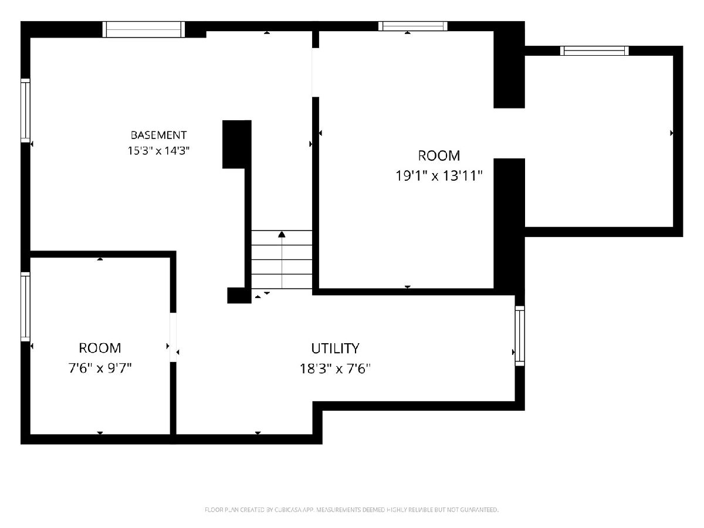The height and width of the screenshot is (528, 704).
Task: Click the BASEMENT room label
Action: (158, 135)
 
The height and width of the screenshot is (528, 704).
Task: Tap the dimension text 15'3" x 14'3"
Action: (158, 150)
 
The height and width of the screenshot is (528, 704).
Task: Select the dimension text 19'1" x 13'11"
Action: (439, 175)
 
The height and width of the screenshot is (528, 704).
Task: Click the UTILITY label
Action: (335, 348)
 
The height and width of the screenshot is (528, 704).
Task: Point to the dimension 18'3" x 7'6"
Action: (335, 368)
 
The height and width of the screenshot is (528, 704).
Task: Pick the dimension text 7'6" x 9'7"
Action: (100, 368)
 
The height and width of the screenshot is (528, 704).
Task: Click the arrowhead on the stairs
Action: (282, 234)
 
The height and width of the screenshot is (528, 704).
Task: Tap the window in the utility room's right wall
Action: (520, 336)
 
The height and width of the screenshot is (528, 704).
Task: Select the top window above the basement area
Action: (144, 29)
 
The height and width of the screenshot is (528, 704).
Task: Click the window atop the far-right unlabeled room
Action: (594, 51)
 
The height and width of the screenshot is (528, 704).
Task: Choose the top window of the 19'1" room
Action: (413, 26)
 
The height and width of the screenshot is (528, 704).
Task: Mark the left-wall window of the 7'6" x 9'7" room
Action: (25, 307)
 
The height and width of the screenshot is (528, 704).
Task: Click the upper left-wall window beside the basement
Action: (25, 110)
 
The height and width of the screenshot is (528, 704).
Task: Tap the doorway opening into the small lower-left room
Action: (173, 337)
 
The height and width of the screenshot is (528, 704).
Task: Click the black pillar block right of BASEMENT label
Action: (236, 144)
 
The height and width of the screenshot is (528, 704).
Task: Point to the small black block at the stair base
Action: (239, 295)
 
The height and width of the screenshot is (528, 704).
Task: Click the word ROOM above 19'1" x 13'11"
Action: (439, 156)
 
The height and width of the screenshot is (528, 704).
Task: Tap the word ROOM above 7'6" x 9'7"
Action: (100, 348)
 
